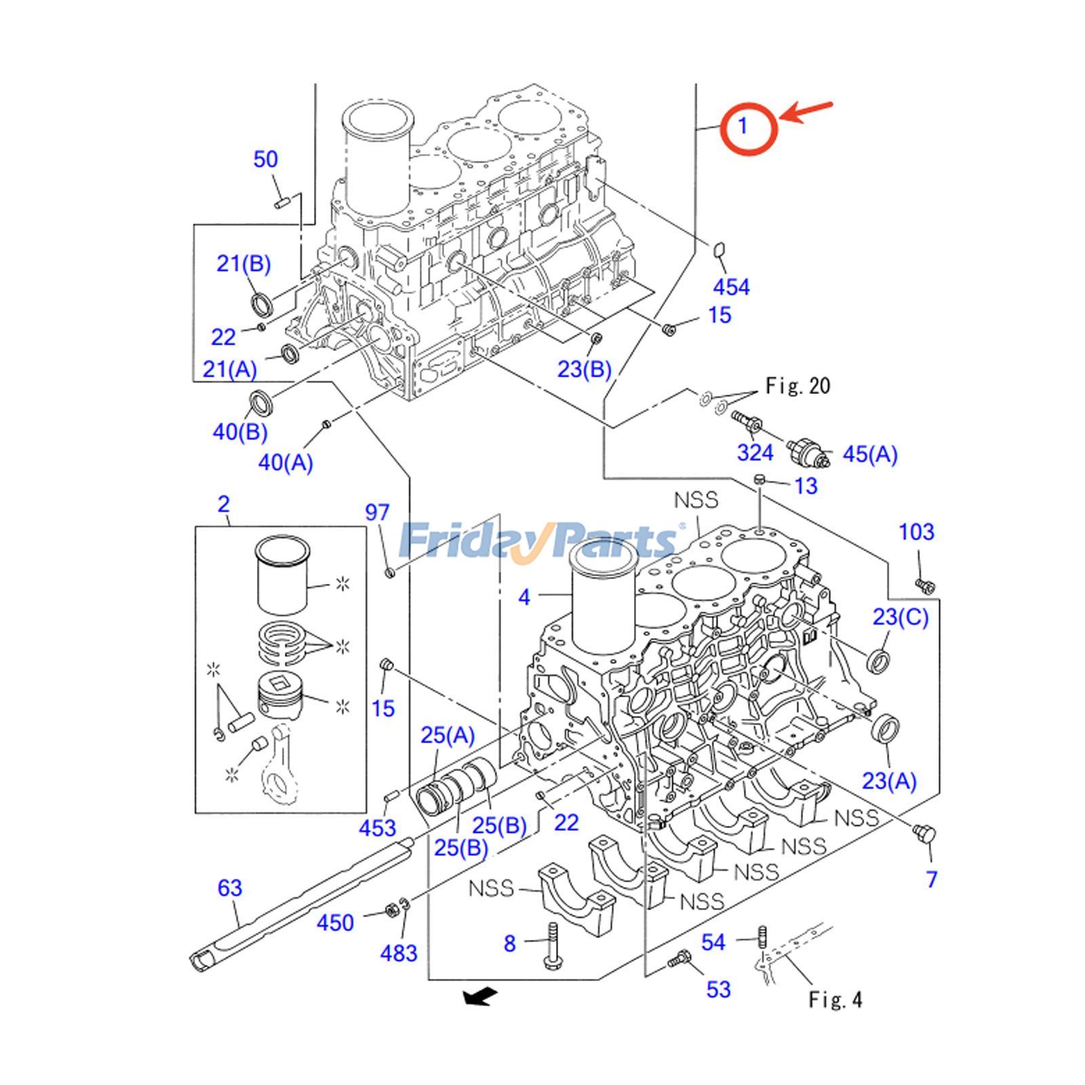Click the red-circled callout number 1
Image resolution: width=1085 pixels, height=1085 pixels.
tap(744, 126)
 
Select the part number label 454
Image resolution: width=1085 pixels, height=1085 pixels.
tap(731, 287)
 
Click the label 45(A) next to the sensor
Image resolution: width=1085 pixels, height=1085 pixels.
tap(869, 454)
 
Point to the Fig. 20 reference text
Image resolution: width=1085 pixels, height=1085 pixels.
tap(797, 386)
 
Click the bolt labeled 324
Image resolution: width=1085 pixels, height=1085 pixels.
tap(747, 421)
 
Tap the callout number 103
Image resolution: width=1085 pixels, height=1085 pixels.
tap(916, 532)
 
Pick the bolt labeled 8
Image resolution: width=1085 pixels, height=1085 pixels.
tap(550, 945)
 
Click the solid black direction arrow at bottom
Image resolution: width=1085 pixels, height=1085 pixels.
tap(479, 996)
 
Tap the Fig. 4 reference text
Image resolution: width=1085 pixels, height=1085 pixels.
tap(835, 1000)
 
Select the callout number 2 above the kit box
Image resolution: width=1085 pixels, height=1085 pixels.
tap(224, 504)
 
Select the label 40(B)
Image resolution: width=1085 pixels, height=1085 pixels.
tap(240, 432)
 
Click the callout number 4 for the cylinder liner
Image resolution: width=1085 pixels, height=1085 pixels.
tap(524, 597)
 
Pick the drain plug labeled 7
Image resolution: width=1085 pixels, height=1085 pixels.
tap(923, 834)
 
